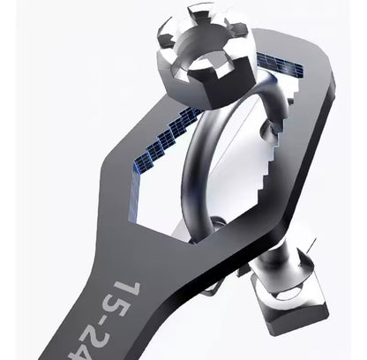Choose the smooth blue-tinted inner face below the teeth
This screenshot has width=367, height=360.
tap(146, 190)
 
